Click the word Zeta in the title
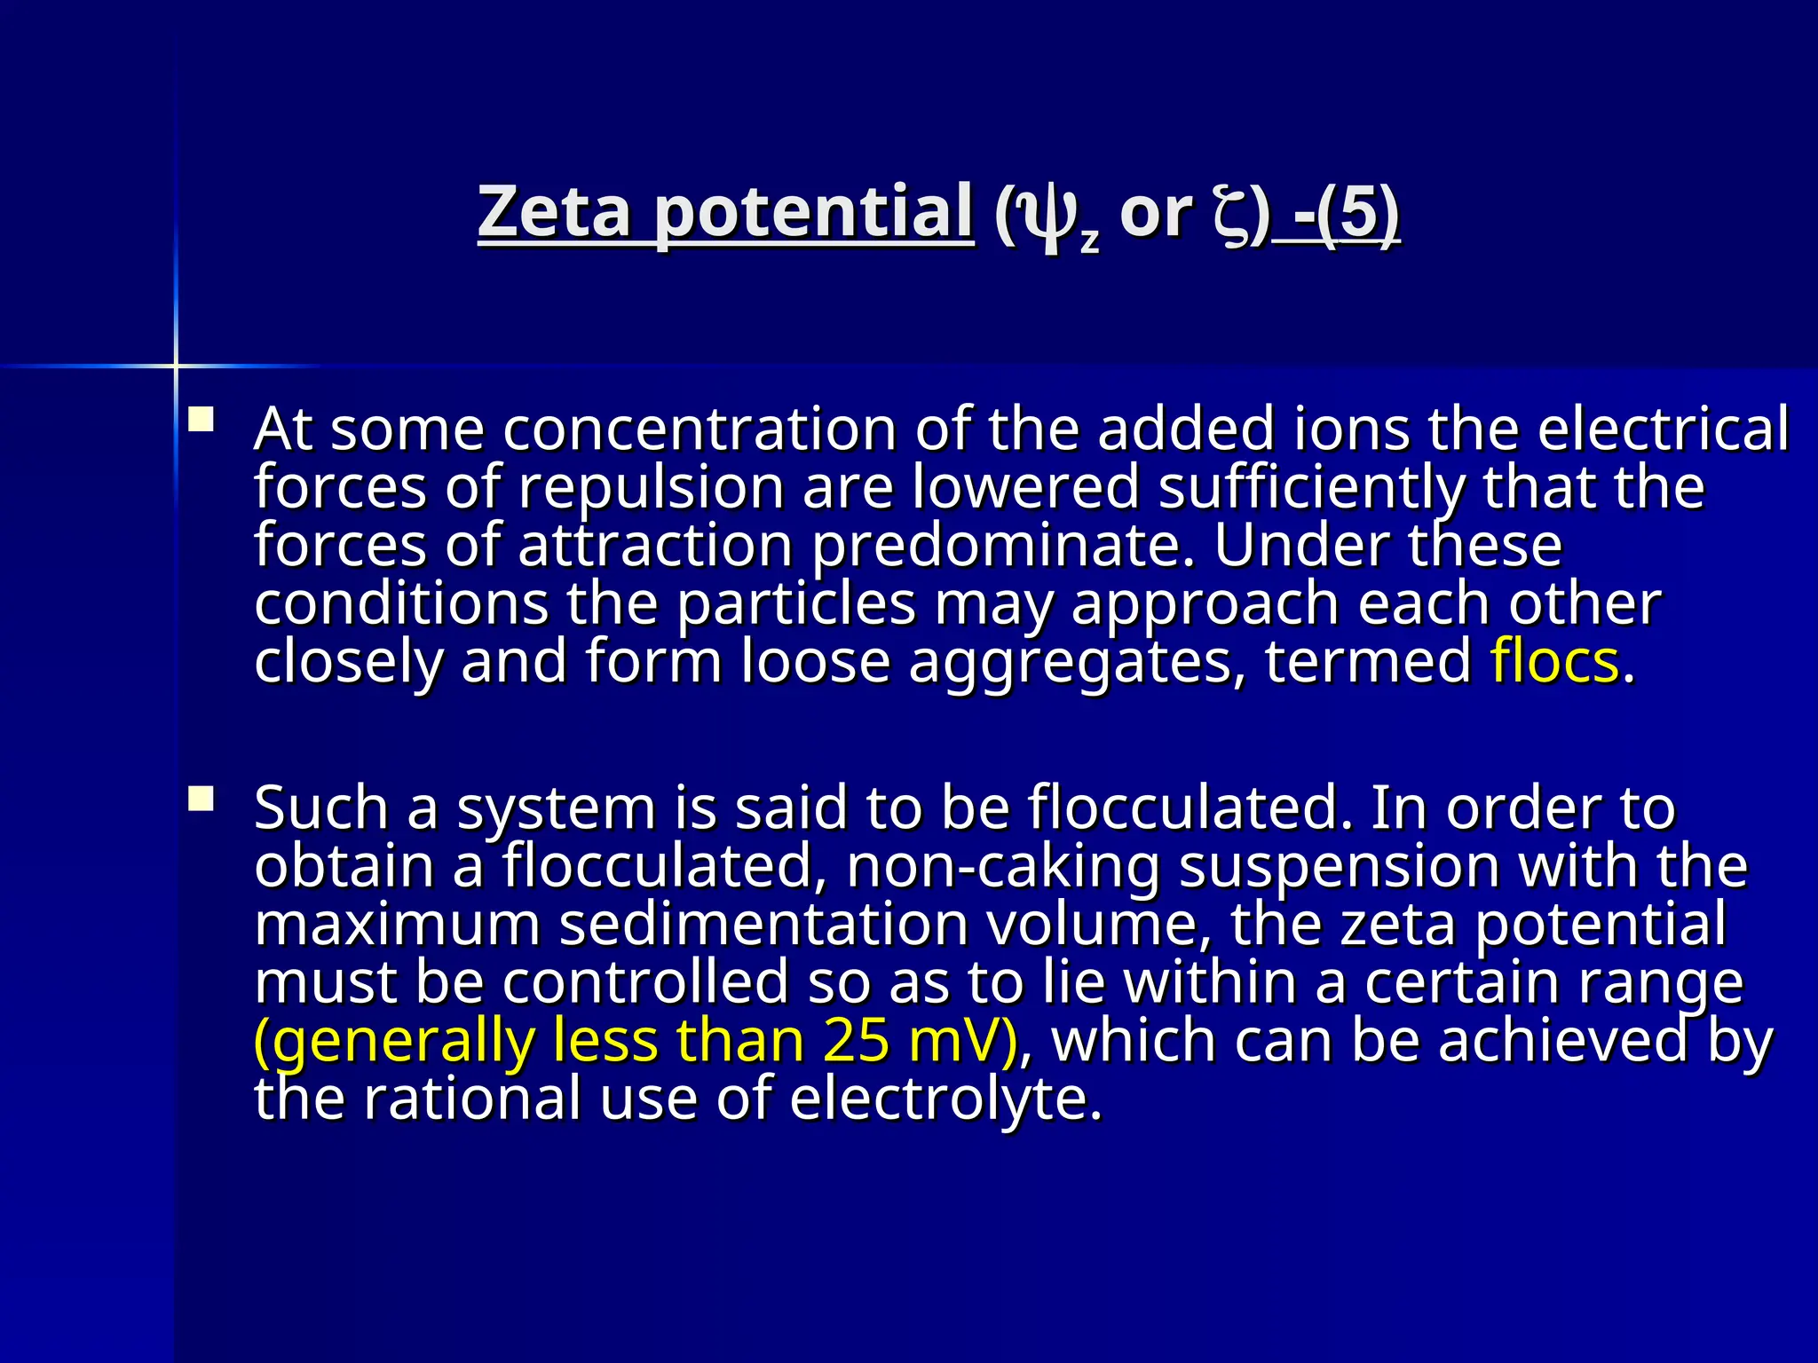(x=554, y=212)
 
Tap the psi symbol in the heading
(x=1047, y=217)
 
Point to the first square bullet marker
(x=202, y=419)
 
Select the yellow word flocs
(x=1554, y=662)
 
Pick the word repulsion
(x=652, y=488)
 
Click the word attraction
(x=655, y=546)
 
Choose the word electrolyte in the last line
(x=945, y=1099)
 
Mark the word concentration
(x=701, y=429)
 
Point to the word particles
(x=795, y=604)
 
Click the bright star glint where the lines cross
(x=176, y=365)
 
